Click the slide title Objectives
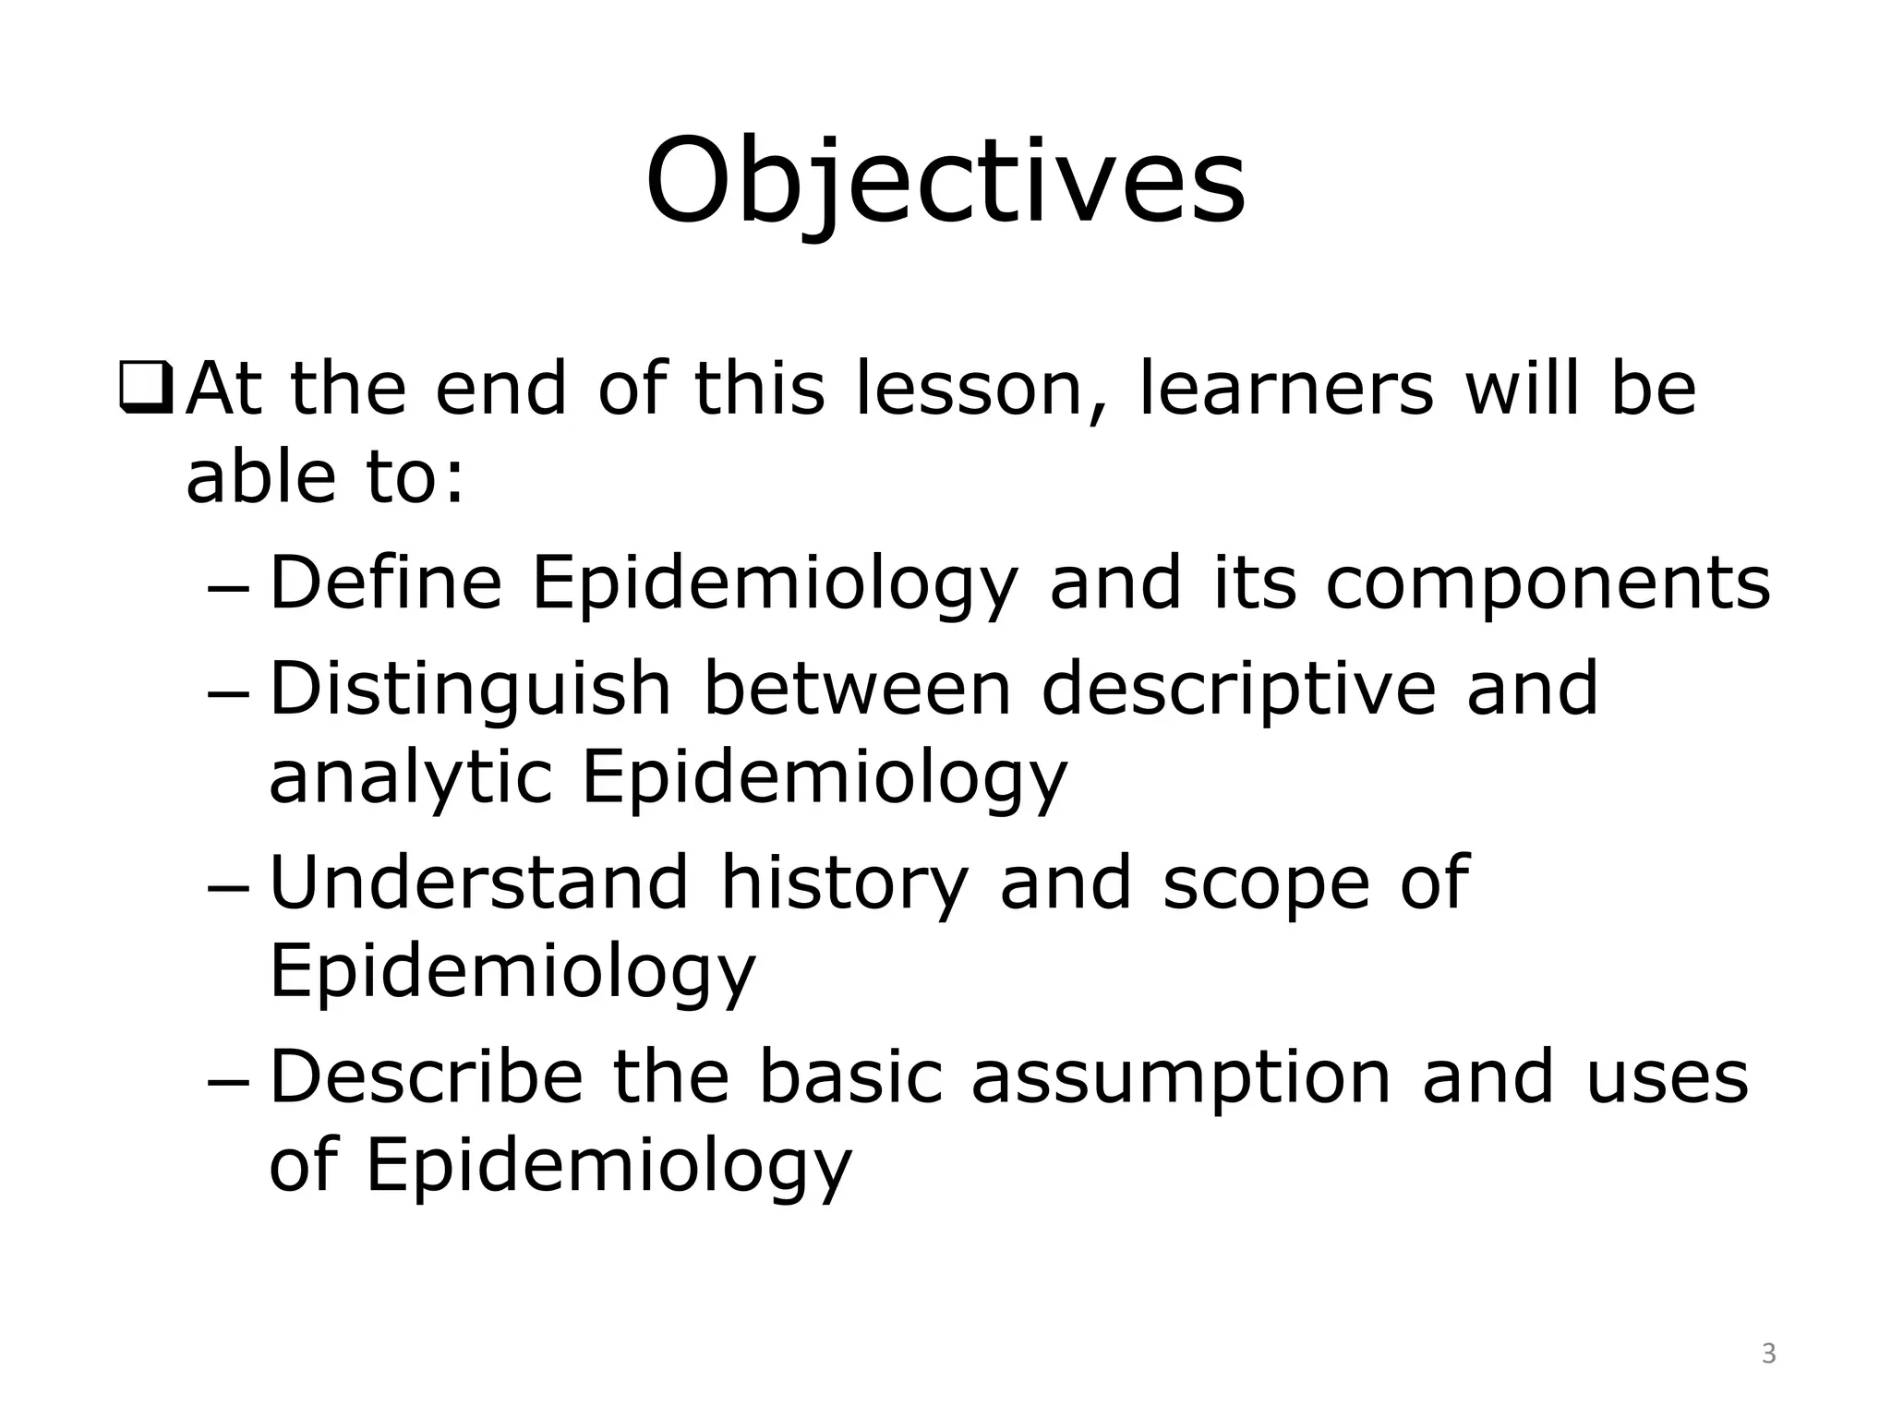click(x=945, y=181)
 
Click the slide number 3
click(x=1768, y=1354)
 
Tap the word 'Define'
click(x=385, y=583)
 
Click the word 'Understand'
click(x=478, y=883)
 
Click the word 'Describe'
click(x=426, y=1076)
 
